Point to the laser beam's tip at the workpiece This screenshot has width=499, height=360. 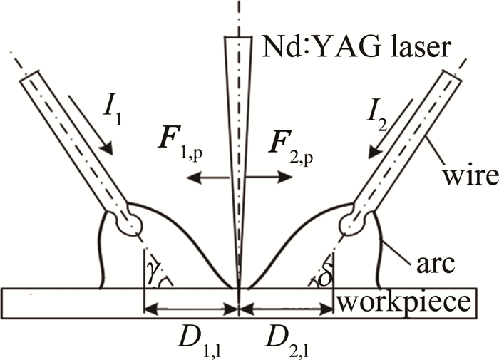(x=238, y=287)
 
